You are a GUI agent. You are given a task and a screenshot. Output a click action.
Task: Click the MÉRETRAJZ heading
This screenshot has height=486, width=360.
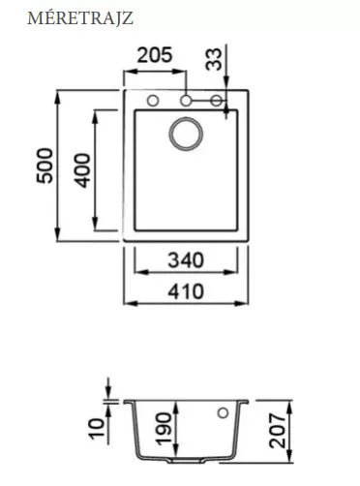[x=80, y=17]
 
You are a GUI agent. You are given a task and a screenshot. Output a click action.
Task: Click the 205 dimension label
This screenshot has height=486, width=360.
[x=155, y=55]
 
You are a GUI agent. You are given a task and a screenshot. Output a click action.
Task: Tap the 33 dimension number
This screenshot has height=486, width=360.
[x=215, y=59]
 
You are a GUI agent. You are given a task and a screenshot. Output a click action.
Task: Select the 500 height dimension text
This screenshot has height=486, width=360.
[x=45, y=166]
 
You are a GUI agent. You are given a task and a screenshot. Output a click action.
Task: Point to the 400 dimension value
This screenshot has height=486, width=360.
[x=82, y=170]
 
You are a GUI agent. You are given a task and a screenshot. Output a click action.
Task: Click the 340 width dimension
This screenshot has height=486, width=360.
[x=186, y=260]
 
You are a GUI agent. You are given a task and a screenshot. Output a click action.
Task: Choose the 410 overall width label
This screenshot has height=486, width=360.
[x=186, y=291]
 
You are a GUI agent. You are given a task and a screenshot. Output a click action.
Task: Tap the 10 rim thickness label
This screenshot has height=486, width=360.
[x=97, y=429]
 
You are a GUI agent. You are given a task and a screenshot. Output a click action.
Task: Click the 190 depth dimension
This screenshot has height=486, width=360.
[x=164, y=429]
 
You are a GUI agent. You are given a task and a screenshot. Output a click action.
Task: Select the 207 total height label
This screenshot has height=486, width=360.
[x=278, y=431]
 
